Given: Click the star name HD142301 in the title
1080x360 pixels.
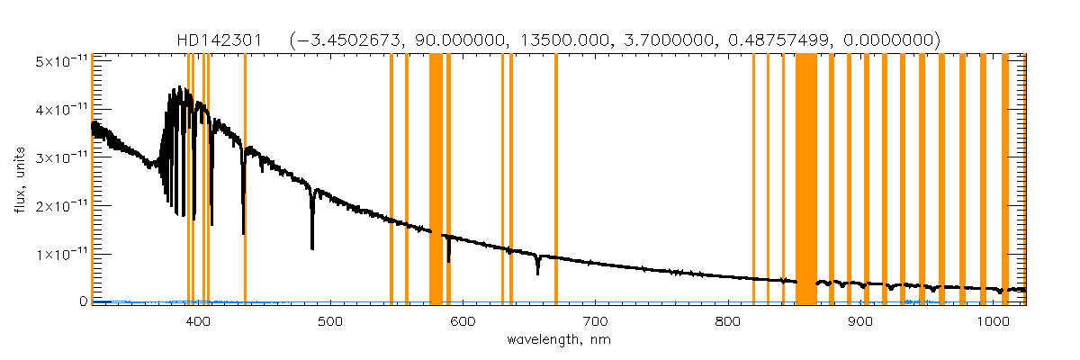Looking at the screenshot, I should [220, 40].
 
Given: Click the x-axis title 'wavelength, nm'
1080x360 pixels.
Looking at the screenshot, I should [558, 341].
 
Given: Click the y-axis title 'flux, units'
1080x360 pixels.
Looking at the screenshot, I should [19, 181].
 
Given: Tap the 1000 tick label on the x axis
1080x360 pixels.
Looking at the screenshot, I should [992, 321].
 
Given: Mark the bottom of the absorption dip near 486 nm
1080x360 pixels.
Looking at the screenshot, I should [312, 247].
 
